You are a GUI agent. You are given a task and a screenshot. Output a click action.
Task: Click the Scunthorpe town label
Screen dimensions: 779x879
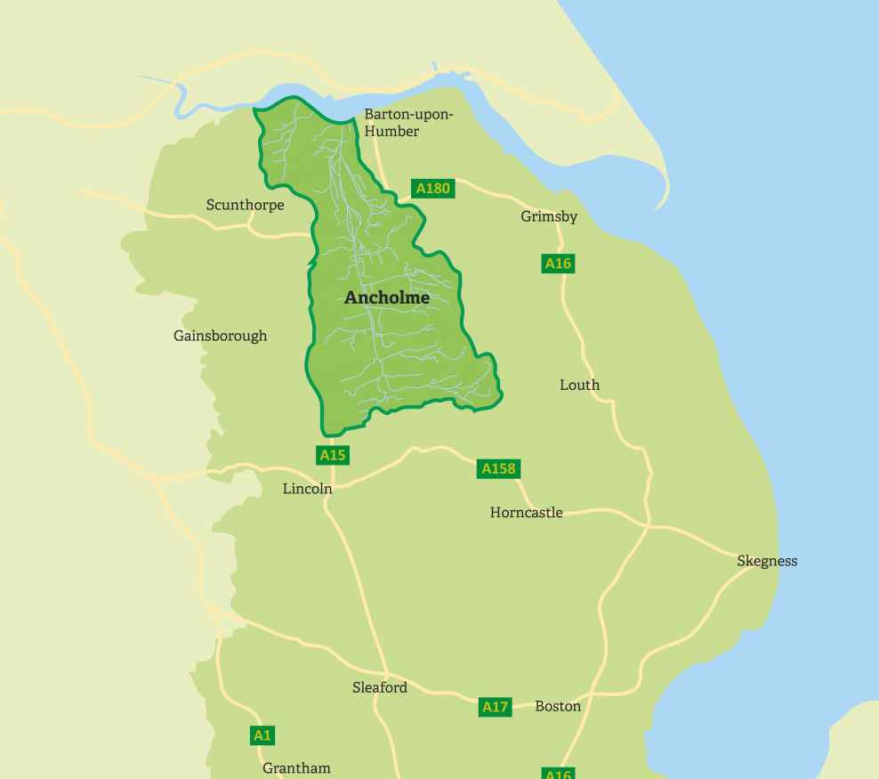[x=245, y=205]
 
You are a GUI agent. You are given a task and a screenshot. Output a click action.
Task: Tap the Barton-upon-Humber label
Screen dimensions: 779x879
[x=408, y=123]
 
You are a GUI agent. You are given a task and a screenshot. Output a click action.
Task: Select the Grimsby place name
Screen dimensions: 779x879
[x=549, y=216]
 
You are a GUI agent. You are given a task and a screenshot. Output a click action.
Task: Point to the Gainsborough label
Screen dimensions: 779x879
[x=220, y=336]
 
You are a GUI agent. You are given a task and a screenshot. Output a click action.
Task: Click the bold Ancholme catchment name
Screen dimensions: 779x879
[x=386, y=298]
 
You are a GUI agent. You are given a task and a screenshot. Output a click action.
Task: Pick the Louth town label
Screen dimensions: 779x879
[x=579, y=385]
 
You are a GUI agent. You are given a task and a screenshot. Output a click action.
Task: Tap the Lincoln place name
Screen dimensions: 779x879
[x=307, y=488]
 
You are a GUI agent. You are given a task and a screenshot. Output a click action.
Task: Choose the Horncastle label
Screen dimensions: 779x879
[x=526, y=512]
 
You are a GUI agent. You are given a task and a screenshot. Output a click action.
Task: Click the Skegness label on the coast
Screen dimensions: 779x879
[x=767, y=561]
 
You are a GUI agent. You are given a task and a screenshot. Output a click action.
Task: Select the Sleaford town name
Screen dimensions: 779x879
[x=379, y=687]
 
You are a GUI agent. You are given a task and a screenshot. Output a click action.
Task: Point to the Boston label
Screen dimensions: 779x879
[x=558, y=706]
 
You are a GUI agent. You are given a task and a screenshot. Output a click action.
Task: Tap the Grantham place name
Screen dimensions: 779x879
[x=296, y=767]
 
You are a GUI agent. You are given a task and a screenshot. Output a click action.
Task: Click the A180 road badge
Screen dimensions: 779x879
[x=433, y=188]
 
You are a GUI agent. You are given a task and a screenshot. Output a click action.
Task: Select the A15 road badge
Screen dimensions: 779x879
[x=332, y=455]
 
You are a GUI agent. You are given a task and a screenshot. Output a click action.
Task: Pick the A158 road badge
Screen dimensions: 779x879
[x=498, y=468]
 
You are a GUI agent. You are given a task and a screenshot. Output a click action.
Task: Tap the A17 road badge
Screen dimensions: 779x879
[x=495, y=707]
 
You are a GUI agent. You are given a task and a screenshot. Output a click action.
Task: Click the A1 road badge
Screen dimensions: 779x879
[x=262, y=735]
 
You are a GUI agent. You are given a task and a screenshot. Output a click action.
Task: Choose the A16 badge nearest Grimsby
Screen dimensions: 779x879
[x=558, y=263]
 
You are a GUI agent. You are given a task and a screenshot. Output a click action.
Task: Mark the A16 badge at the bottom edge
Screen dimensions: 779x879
[x=558, y=773]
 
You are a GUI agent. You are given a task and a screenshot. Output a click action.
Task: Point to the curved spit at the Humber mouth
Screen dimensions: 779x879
[x=663, y=183]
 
